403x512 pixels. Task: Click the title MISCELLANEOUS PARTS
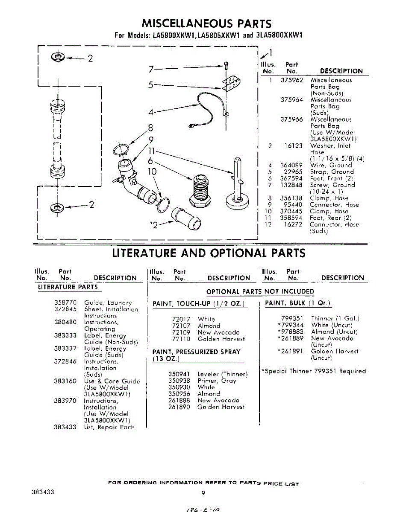[x=206, y=23]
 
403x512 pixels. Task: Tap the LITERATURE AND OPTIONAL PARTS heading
[x=209, y=253]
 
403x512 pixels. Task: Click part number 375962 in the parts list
[x=291, y=80]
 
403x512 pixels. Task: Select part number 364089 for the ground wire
[x=291, y=165]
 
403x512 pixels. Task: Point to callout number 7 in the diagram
[x=151, y=69]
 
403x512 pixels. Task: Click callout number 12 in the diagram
[x=154, y=225]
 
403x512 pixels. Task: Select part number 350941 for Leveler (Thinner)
[x=179, y=374]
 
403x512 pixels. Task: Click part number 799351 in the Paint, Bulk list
[x=292, y=318]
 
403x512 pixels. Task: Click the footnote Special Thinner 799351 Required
[x=314, y=371]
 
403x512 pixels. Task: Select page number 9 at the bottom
[x=203, y=493]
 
